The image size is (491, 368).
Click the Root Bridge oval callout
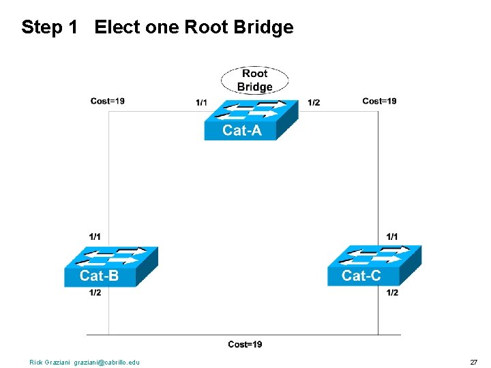click(254, 80)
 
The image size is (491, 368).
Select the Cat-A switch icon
click(250, 120)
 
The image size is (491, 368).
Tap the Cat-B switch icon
click(110, 266)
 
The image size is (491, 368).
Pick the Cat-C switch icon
click(374, 266)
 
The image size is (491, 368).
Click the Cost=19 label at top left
click(107, 102)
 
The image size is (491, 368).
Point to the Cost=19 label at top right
click(379, 101)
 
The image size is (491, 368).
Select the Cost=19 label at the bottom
click(245, 344)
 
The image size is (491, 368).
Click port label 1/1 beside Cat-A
click(201, 103)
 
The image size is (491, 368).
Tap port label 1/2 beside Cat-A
click(314, 103)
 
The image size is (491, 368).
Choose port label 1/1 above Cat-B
click(95, 236)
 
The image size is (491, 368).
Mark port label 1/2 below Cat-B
click(95, 292)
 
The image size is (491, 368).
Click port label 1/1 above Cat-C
click(392, 236)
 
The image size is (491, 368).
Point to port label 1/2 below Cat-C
click(392, 292)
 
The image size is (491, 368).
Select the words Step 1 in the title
click(49, 27)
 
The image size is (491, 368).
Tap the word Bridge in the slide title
click(263, 27)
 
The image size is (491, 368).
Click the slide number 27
click(473, 362)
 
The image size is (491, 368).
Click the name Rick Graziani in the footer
click(50, 362)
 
